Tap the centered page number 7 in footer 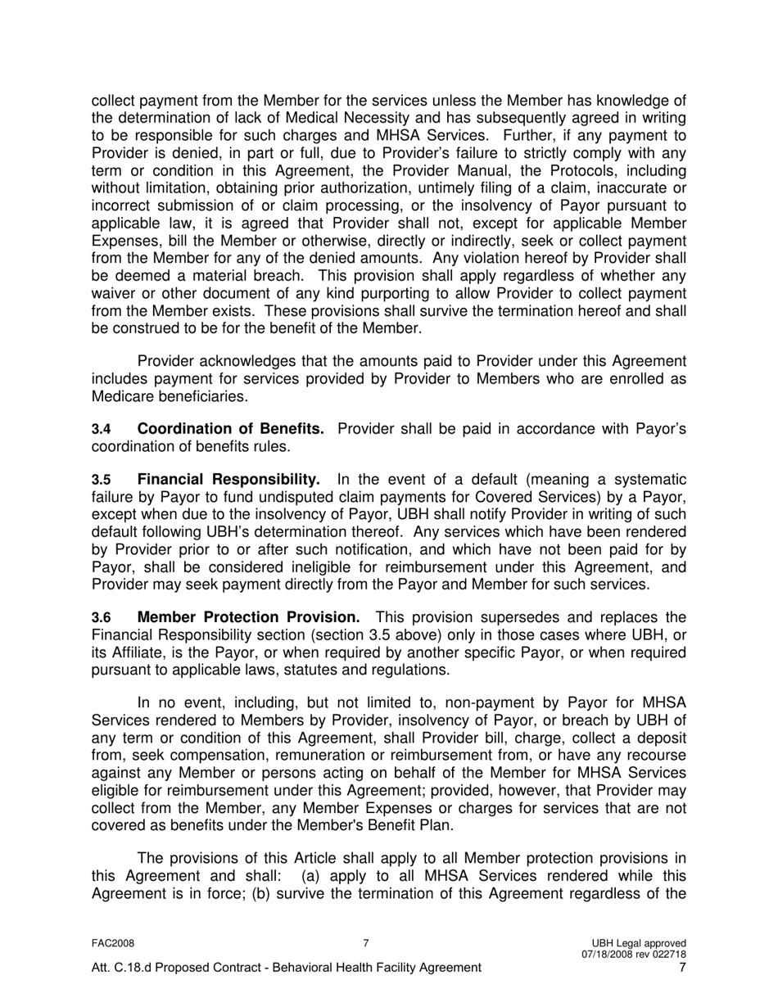(366, 943)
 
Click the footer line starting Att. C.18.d (286, 968)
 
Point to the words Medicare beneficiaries (168, 396)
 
